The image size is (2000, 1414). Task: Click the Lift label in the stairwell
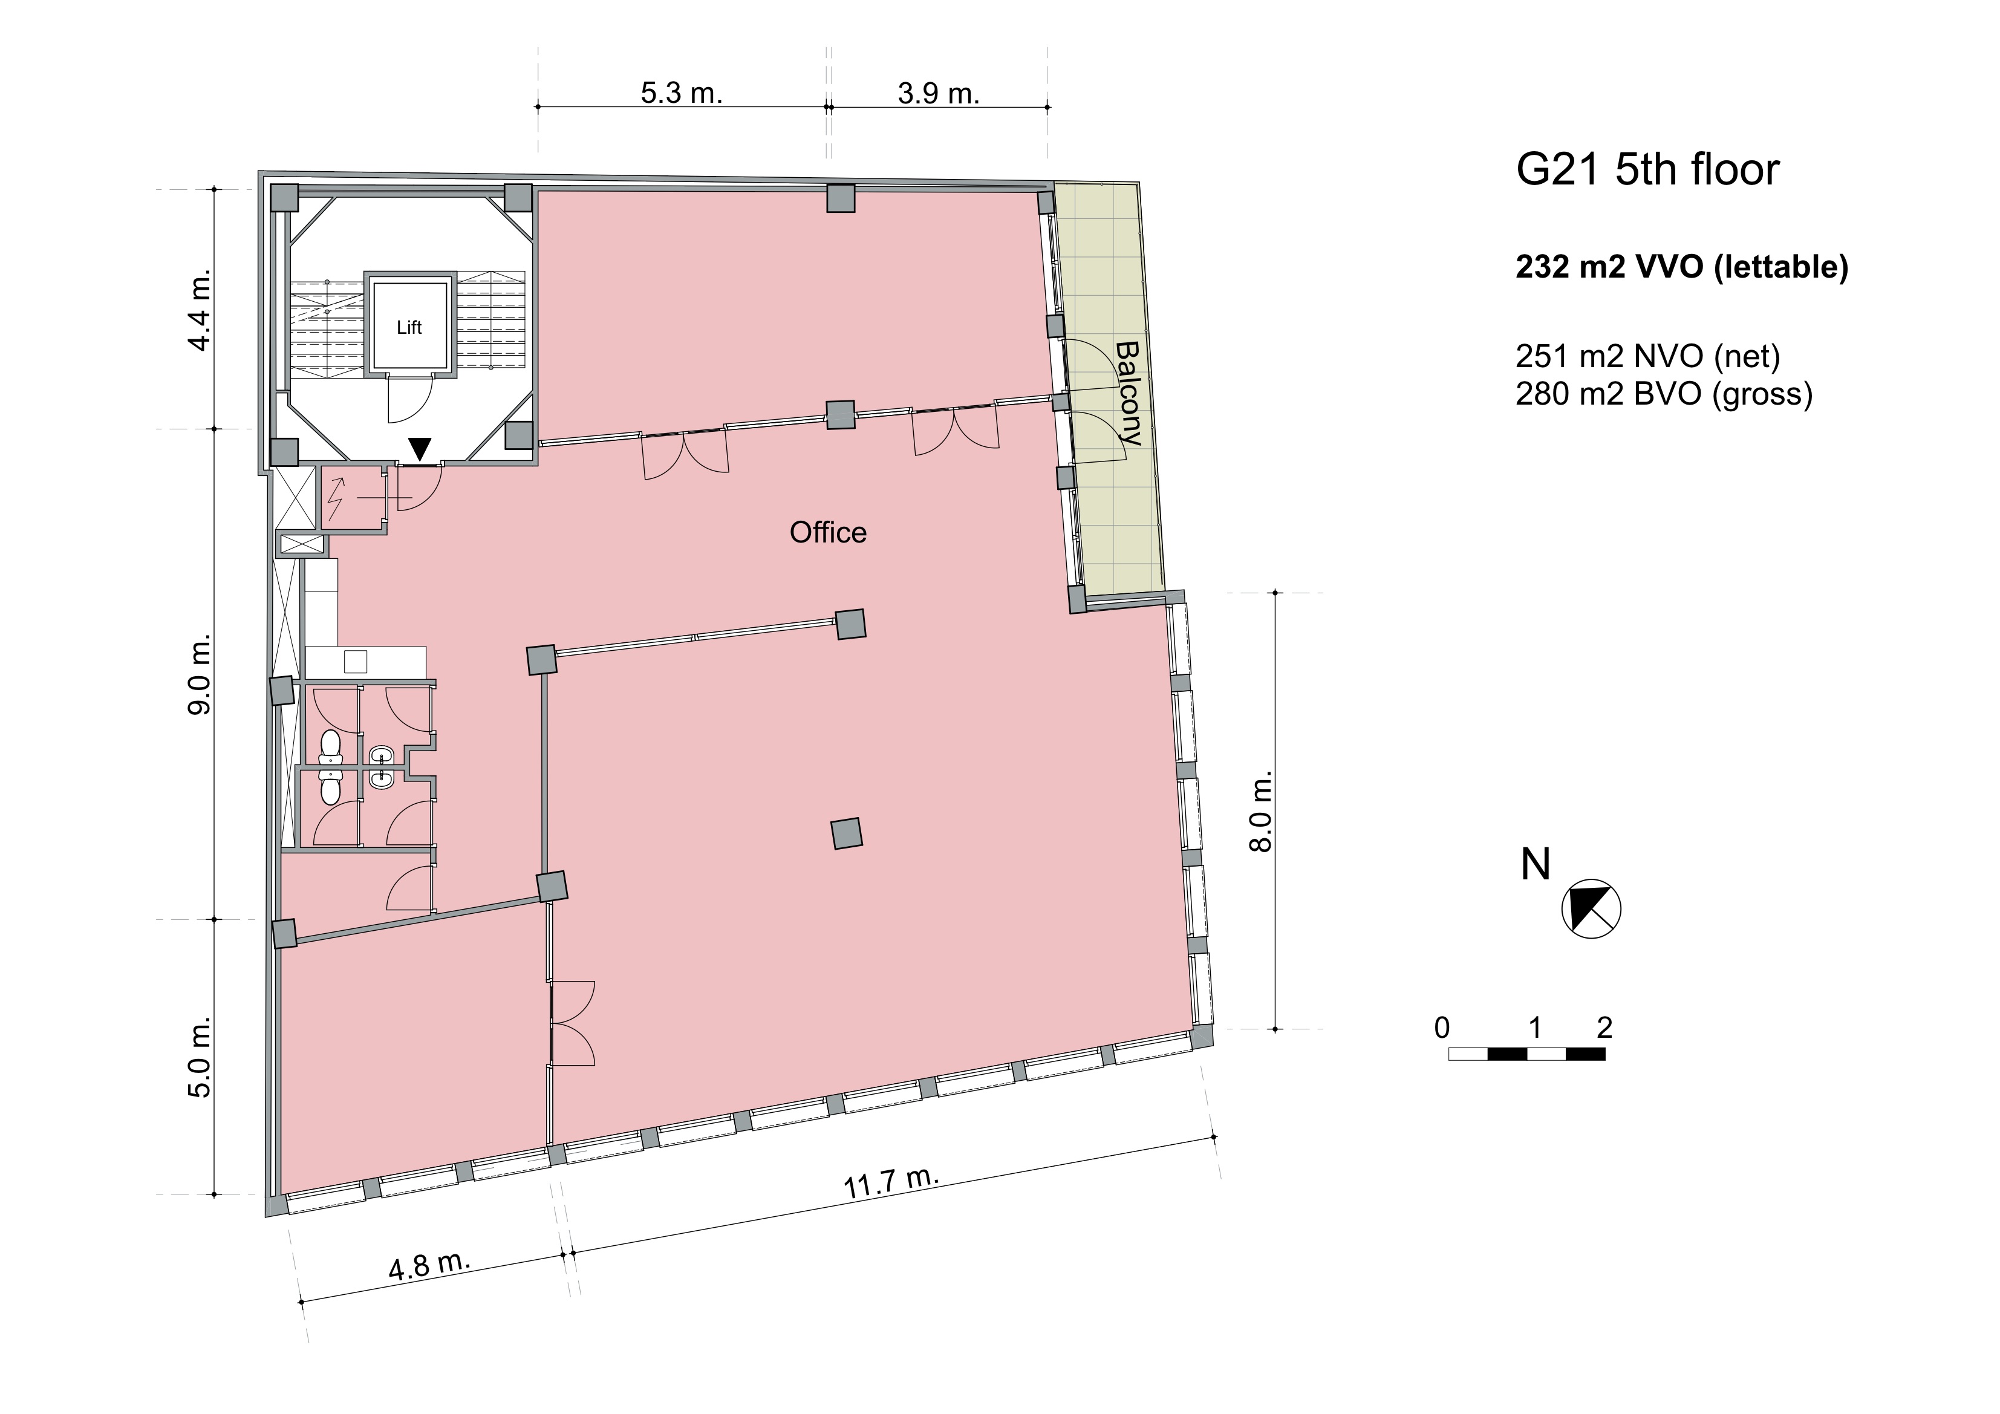tap(409, 328)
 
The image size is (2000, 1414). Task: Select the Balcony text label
tap(1128, 393)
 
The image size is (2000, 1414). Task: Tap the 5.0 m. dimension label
tap(200, 1058)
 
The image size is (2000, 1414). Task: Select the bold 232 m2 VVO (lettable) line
tap(1682, 267)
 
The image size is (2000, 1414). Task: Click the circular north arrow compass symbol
tap(1591, 908)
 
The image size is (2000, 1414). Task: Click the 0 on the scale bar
tap(1442, 1028)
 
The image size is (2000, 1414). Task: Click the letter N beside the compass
tap(1536, 864)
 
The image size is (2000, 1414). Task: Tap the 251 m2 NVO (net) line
tap(1648, 356)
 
